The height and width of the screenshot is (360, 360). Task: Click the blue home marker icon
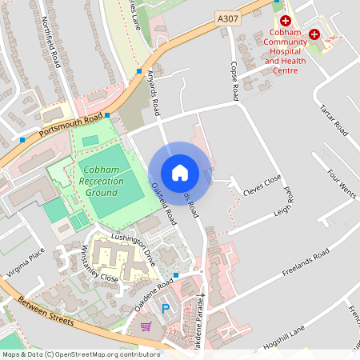click(x=179, y=173)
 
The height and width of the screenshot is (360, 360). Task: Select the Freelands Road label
click(x=306, y=263)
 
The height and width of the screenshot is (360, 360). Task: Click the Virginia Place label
click(x=23, y=263)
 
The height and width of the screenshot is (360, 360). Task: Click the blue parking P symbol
click(x=166, y=309)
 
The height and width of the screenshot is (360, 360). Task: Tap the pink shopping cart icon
click(x=146, y=326)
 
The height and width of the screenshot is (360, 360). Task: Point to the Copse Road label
click(x=234, y=81)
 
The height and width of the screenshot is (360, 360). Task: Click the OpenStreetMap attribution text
click(x=81, y=354)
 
